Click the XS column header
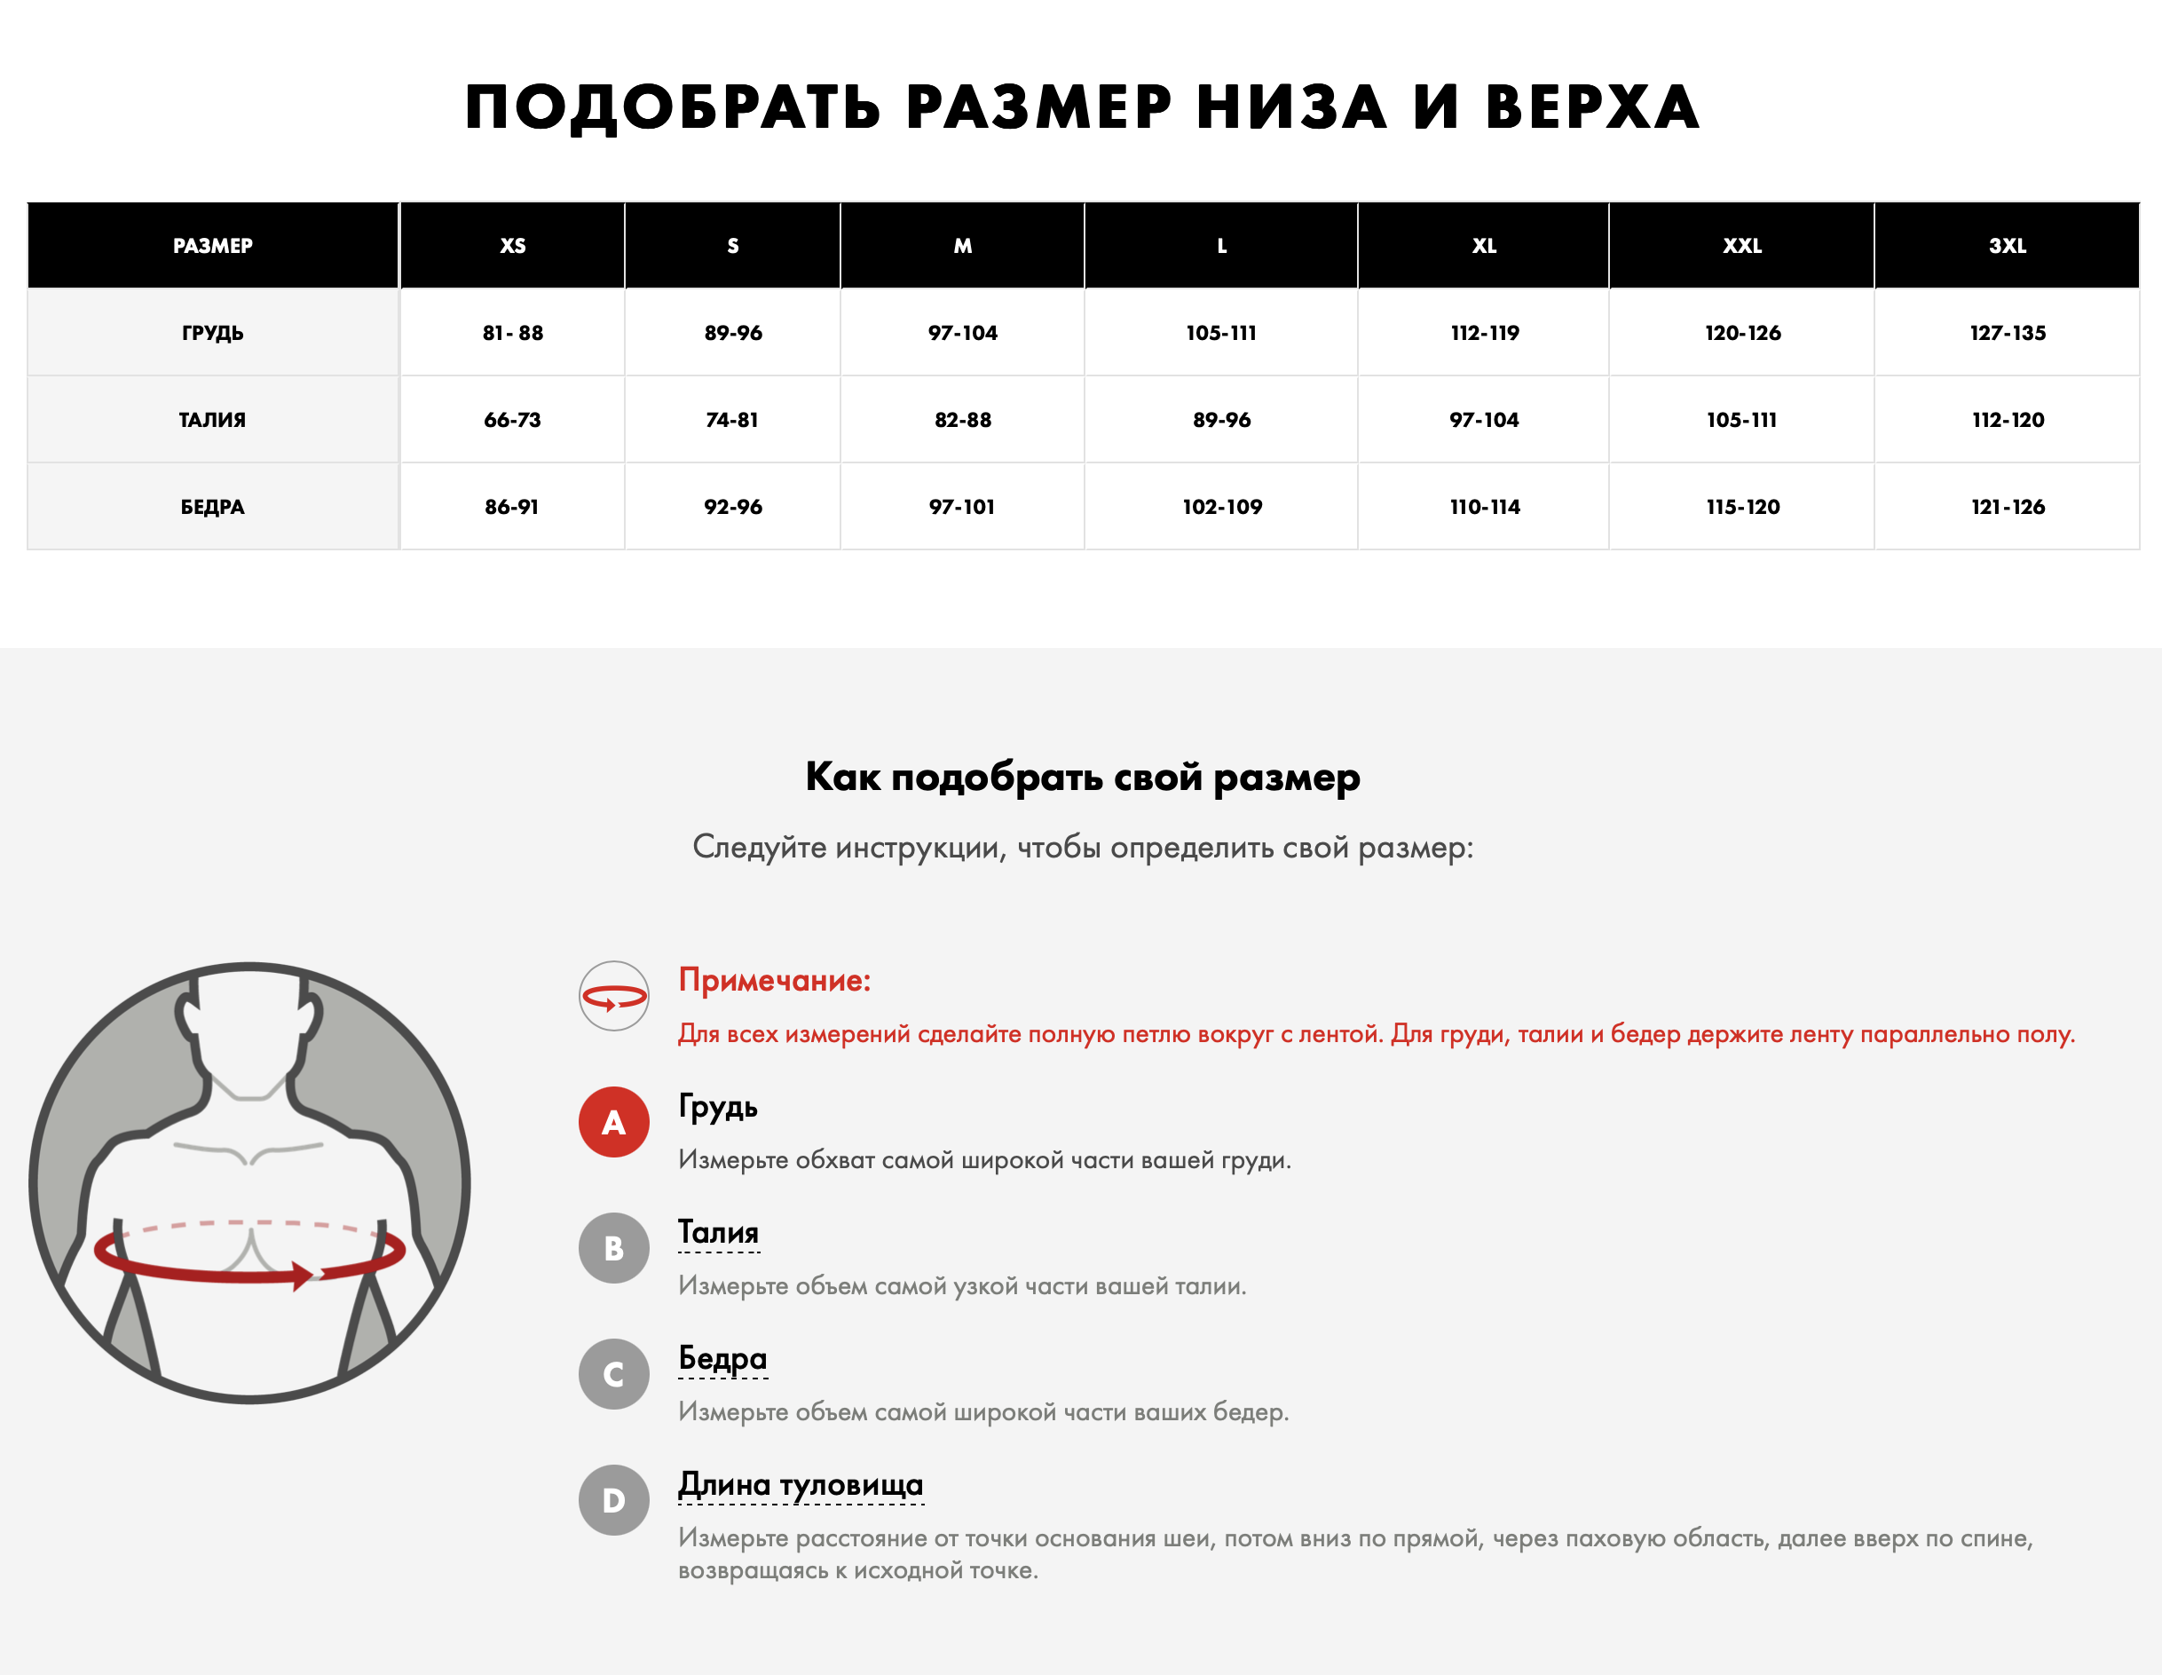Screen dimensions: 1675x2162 click(513, 246)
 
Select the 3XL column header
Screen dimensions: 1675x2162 click(2007, 246)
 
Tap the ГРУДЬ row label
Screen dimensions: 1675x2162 click(213, 333)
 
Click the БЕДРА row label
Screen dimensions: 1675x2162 click(213, 507)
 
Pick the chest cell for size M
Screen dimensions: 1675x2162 click(962, 333)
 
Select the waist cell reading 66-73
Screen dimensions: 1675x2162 click(513, 420)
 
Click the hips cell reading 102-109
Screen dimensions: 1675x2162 click(1221, 507)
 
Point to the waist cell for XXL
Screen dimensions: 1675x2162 click(1741, 420)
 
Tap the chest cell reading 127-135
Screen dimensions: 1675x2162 click(2007, 333)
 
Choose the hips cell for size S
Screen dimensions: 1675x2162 click(732, 507)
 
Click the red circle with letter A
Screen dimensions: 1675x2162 click(614, 1122)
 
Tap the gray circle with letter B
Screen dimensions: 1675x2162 click(614, 1247)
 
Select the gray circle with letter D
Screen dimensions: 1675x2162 click(614, 1500)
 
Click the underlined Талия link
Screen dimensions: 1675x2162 click(719, 1232)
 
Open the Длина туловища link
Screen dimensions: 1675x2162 click(800, 1484)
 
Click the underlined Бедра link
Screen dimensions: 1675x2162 click(722, 1358)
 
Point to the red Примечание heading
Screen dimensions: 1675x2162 click(774, 980)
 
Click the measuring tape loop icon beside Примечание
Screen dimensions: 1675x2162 click(614, 996)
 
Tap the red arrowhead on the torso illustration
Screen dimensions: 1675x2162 click(302, 1275)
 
